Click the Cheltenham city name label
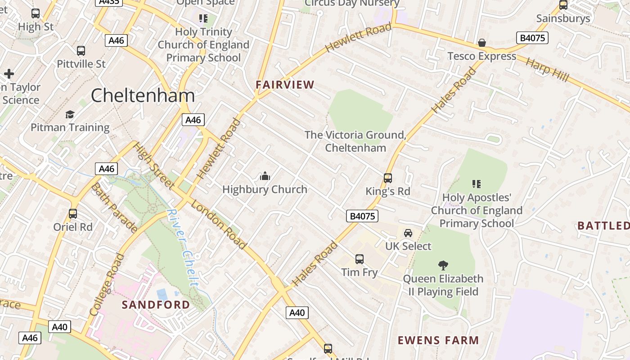(143, 95)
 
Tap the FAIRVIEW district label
(285, 85)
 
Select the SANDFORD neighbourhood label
(156, 305)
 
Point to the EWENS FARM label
(438, 340)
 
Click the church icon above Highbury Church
(265, 176)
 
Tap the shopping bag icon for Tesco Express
(481, 43)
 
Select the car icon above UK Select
(408, 233)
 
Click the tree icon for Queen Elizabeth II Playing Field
(443, 265)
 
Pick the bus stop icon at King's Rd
(388, 178)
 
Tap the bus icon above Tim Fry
(359, 259)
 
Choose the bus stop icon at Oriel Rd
(73, 214)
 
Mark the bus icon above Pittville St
(81, 51)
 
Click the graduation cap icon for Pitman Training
(70, 114)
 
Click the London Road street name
(219, 225)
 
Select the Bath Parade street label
(114, 208)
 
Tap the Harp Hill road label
(547, 70)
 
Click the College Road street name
(107, 284)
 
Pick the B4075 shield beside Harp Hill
(532, 38)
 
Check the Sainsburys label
(563, 18)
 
